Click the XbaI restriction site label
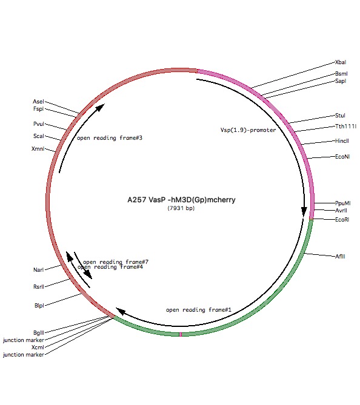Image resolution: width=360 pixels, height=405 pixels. [341, 62]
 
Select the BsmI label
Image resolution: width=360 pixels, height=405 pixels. [341, 74]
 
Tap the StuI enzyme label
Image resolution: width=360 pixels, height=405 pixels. [340, 116]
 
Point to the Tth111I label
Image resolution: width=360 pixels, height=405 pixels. [345, 127]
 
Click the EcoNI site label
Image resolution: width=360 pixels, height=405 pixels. [342, 157]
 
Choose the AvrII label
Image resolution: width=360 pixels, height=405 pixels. [341, 211]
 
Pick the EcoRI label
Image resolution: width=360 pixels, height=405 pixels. [342, 220]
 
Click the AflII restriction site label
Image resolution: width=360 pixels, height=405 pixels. [340, 257]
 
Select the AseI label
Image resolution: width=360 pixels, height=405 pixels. [38, 102]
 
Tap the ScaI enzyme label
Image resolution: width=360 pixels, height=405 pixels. [39, 136]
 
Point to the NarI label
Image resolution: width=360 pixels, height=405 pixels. [39, 270]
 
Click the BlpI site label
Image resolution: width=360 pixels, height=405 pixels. [39, 306]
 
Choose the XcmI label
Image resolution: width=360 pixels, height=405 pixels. [38, 347]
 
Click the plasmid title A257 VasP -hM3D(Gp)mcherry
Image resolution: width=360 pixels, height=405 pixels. [181, 200]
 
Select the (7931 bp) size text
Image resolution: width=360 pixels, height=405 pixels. [181, 208]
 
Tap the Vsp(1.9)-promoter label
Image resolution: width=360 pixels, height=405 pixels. [248, 130]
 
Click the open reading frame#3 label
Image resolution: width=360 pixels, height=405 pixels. [110, 138]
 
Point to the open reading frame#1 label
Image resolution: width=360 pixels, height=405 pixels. [198, 310]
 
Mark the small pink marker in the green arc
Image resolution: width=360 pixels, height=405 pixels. [181, 335]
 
